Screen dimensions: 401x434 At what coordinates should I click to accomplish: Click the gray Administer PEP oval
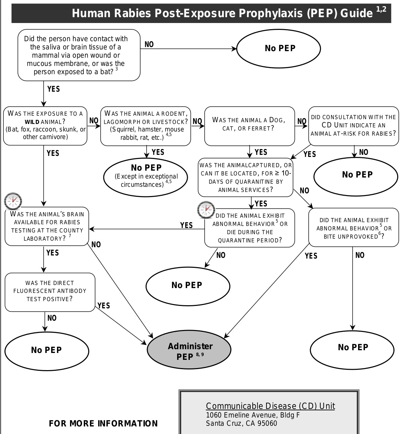(x=189, y=350)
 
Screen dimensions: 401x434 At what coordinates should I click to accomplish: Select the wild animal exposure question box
(x=45, y=126)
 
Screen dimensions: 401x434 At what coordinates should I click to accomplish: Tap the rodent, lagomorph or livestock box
(x=146, y=126)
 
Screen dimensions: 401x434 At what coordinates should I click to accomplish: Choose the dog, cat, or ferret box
(x=250, y=126)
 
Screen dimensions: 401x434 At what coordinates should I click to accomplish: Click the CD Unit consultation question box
(x=354, y=126)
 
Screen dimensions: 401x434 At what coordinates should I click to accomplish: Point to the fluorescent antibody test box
(x=50, y=292)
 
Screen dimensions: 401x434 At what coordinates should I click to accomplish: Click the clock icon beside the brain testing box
(x=13, y=201)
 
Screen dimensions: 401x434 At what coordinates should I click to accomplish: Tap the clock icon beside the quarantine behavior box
(x=206, y=209)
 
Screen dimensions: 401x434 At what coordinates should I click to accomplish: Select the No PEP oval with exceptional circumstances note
(x=146, y=177)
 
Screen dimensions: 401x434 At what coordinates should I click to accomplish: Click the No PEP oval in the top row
(x=279, y=48)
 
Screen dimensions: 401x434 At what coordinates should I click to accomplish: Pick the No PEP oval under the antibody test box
(x=47, y=351)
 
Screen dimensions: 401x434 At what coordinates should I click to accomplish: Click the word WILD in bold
(x=32, y=122)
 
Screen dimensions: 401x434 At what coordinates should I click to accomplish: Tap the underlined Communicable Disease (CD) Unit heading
(x=270, y=406)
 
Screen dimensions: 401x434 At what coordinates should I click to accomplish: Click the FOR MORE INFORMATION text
(x=103, y=423)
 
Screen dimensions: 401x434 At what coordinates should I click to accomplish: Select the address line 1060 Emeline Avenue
(x=253, y=415)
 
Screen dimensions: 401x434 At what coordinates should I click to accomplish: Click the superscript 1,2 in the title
(x=381, y=9)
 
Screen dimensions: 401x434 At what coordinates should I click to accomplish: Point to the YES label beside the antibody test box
(x=104, y=306)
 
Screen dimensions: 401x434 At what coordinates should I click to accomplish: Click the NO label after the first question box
(x=149, y=44)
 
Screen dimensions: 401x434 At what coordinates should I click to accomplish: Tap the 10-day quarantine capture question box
(x=245, y=178)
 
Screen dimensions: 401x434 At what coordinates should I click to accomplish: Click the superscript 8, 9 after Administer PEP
(x=200, y=354)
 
